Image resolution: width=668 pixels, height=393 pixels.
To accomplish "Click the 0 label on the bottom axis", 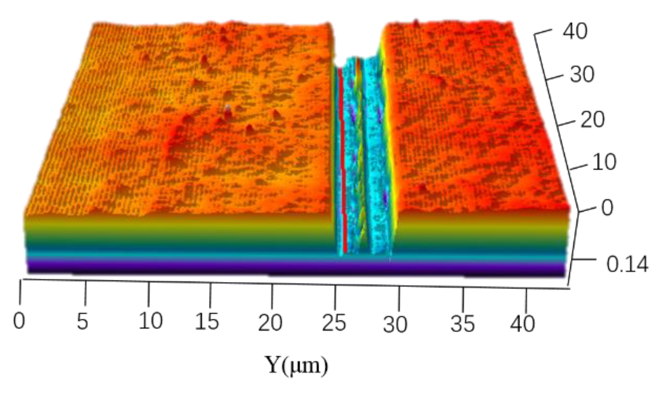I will [x=19, y=321].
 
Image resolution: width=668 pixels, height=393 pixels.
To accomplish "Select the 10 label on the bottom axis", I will [x=150, y=321].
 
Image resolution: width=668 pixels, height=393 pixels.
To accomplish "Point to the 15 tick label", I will [x=207, y=321].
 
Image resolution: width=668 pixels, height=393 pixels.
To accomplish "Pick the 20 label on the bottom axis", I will [x=270, y=322].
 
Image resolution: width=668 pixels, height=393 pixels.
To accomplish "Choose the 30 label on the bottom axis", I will [x=395, y=324].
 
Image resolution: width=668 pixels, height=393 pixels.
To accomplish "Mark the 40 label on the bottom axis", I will [x=522, y=324].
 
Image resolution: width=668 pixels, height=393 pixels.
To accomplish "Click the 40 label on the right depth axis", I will [x=575, y=31].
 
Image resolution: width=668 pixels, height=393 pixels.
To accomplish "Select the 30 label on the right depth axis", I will [x=582, y=74].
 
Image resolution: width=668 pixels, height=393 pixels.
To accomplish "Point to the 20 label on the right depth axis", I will [x=592, y=119].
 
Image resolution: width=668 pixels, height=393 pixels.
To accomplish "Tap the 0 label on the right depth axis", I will [x=607, y=208].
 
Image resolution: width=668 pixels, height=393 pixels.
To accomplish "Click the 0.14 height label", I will [x=627, y=265].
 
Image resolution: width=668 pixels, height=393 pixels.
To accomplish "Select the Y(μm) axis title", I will [x=296, y=364].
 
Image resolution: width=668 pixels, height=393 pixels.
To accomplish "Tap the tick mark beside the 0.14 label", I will [x=583, y=260].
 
